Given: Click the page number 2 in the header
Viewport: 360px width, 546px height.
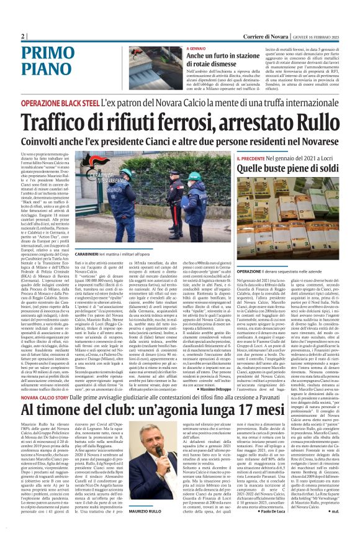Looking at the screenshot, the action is (23, 37).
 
